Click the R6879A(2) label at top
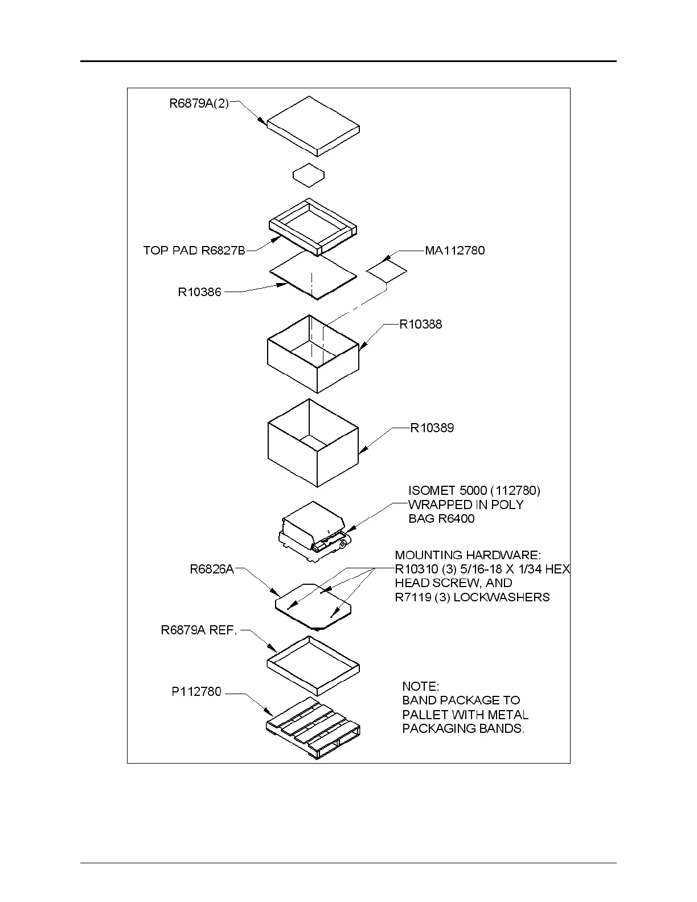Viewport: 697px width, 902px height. pos(199,104)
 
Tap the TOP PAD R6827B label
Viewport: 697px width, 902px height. pos(194,251)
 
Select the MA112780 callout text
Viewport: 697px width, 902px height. pos(455,251)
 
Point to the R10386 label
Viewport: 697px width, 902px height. pos(200,293)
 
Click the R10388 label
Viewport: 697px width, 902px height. pos(421,325)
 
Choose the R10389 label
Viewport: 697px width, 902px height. pos(432,428)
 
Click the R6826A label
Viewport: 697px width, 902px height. pos(212,569)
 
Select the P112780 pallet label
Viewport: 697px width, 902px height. pos(196,692)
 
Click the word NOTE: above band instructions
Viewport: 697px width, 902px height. pos(421,686)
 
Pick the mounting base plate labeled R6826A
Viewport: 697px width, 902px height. pos(313,605)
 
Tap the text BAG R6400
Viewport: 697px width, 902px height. pos(441,519)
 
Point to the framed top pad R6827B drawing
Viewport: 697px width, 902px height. pos(313,226)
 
